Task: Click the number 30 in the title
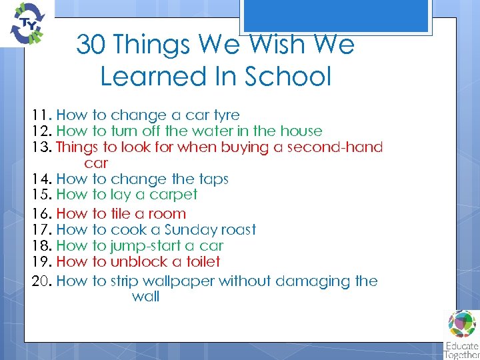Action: click(91, 45)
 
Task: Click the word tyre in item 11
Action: click(225, 115)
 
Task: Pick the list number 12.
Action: click(42, 131)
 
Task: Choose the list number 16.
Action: click(42, 214)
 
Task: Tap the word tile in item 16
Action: click(122, 214)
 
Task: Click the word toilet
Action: click(199, 262)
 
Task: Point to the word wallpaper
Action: click(175, 281)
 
